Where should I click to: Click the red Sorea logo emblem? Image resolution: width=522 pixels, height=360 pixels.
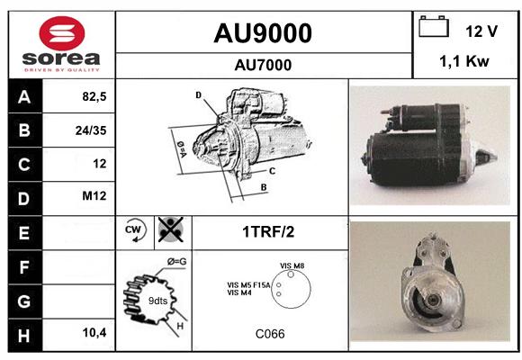pyautogui.click(x=62, y=33)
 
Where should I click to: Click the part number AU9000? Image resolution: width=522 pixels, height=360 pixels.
pyautogui.click(x=263, y=33)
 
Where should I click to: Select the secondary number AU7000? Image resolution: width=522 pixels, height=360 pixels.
pyautogui.click(x=263, y=65)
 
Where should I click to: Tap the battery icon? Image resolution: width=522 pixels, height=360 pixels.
pyautogui.click(x=434, y=27)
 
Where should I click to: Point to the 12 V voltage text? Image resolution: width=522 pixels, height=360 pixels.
pyautogui.click(x=481, y=31)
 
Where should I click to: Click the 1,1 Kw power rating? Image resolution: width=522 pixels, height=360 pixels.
pyautogui.click(x=464, y=61)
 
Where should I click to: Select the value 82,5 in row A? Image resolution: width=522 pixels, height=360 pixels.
pyautogui.click(x=94, y=96)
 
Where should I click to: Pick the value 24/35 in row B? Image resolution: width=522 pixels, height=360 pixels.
pyautogui.click(x=91, y=130)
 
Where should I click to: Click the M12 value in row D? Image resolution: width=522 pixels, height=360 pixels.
pyautogui.click(x=94, y=195)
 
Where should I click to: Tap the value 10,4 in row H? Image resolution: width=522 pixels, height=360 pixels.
pyautogui.click(x=94, y=332)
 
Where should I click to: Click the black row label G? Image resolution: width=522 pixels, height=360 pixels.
pyautogui.click(x=25, y=301)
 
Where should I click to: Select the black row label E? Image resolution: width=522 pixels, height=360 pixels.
pyautogui.click(x=25, y=233)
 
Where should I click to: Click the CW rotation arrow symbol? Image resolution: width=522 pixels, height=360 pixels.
pyautogui.click(x=135, y=230)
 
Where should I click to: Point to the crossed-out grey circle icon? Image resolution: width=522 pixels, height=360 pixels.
pyautogui.click(x=171, y=229)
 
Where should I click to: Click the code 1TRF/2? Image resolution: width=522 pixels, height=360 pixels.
pyautogui.click(x=268, y=232)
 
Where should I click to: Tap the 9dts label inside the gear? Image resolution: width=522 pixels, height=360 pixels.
pyautogui.click(x=157, y=301)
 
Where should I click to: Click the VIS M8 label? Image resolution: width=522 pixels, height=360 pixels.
pyautogui.click(x=292, y=265)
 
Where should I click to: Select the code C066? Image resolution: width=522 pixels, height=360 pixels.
pyautogui.click(x=270, y=334)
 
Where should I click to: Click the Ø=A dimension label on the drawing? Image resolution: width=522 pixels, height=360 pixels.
pyautogui.click(x=182, y=148)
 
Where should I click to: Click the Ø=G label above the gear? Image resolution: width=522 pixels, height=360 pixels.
pyautogui.click(x=176, y=262)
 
